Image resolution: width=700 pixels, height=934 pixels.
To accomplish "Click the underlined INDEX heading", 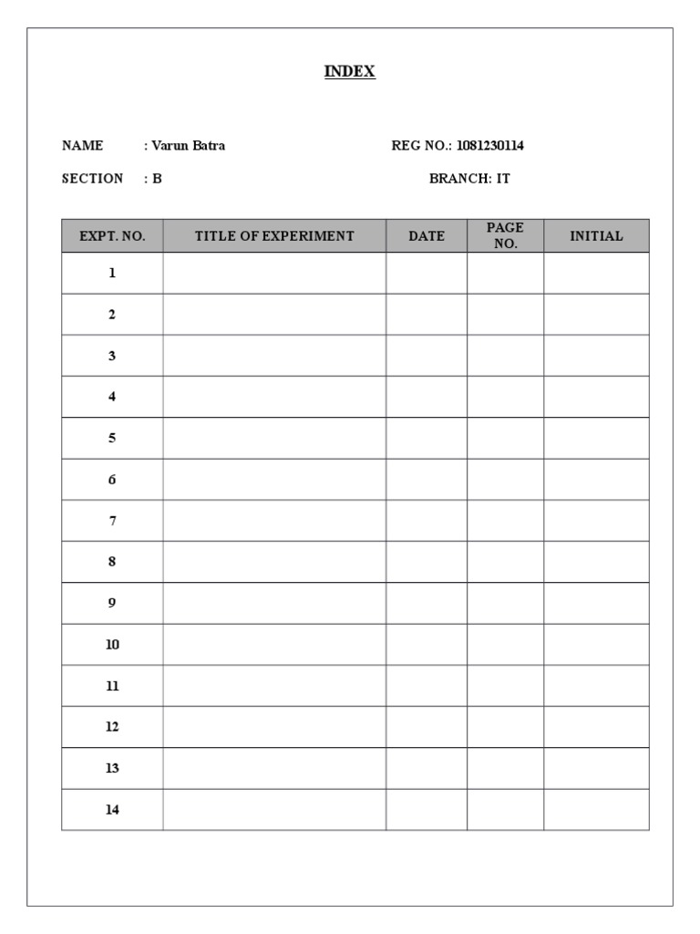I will coord(350,71).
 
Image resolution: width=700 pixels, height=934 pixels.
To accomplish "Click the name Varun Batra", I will coord(188,145).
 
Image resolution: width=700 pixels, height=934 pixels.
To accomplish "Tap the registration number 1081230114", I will coord(489,145).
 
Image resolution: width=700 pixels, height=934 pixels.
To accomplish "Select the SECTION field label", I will coord(92,179).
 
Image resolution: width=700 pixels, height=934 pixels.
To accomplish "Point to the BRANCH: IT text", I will coord(469,179).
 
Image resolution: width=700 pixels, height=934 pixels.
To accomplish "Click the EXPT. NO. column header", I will coord(112,236).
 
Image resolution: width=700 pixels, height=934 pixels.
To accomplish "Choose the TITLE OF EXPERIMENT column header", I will coord(274,236).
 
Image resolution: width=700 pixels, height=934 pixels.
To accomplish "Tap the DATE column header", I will coord(427,236).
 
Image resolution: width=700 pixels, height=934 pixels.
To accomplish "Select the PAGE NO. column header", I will coord(505,235).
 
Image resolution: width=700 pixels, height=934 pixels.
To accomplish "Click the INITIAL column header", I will coord(596,236).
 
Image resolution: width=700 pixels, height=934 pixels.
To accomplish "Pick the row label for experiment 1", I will coord(112,273).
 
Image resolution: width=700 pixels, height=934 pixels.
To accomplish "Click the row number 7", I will coord(112,521).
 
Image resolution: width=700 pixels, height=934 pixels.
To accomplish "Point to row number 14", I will coord(112,810).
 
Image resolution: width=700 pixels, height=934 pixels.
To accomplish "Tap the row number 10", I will coord(112,645).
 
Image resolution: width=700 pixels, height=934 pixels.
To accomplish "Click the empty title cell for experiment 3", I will coord(274,356).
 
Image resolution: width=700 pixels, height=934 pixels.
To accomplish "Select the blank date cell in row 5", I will coord(427,438).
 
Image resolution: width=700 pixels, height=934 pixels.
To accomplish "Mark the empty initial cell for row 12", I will coord(596,727).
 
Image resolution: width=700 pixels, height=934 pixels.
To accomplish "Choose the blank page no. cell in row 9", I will coord(505,603).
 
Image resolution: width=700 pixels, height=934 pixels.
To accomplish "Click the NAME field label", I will coord(82,145).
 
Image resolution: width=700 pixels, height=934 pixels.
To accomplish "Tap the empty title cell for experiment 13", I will coord(274,768).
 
